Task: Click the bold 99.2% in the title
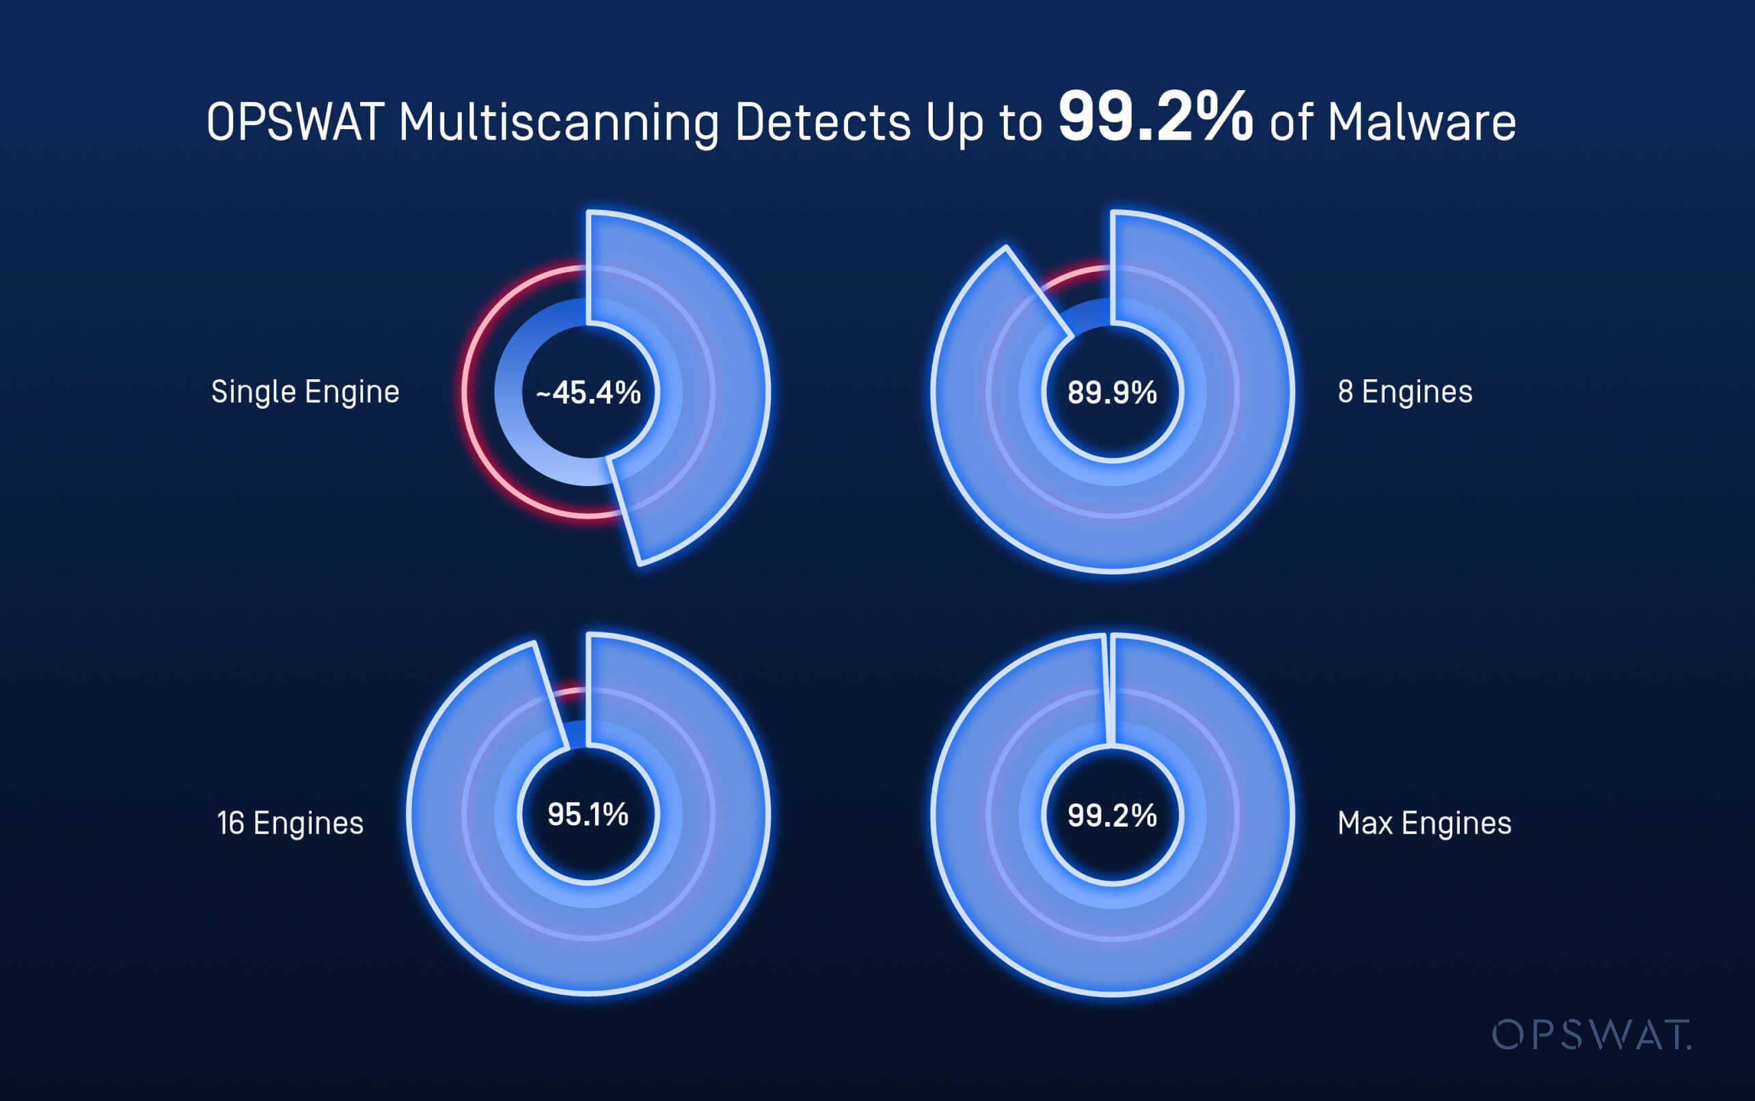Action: coord(1155,118)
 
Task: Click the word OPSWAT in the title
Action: coord(295,122)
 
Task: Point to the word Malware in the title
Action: coord(1421,122)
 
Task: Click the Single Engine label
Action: coord(305,392)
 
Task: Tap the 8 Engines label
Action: coord(1404,392)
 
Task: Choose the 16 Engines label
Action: coord(290,823)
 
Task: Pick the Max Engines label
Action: coord(1424,823)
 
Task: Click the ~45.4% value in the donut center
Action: coord(588,392)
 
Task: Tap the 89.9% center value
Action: coord(1112,392)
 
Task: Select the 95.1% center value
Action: coord(588,814)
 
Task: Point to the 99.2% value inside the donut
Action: coord(1112,815)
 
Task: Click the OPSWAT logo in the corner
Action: coord(1591,1035)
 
